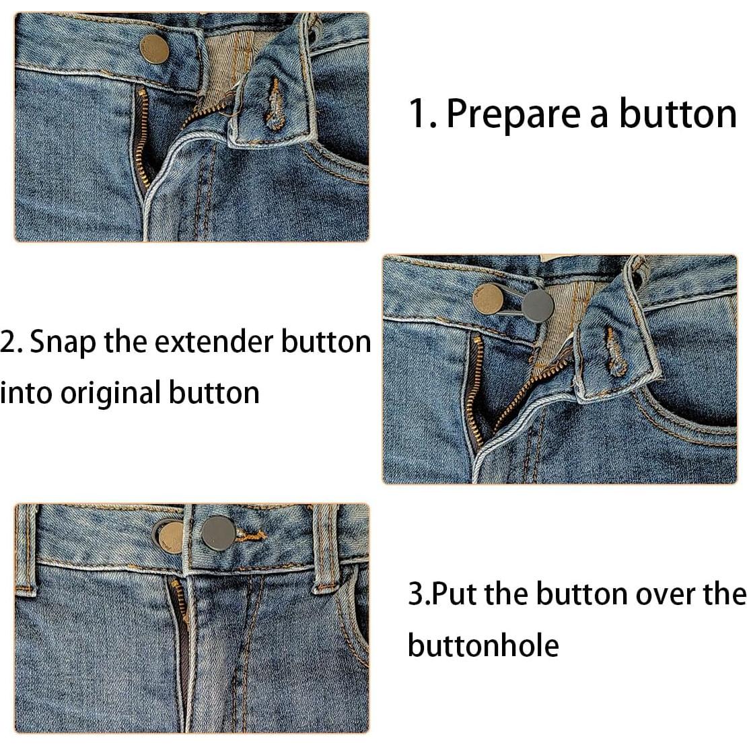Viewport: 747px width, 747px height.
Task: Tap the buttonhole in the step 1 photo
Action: pyautogui.click(x=275, y=103)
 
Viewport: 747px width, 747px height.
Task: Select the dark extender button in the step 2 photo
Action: pyautogui.click(x=537, y=306)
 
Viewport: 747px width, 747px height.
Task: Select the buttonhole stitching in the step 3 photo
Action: pyautogui.click(x=252, y=536)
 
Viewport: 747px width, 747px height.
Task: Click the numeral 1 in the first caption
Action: pyautogui.click(x=419, y=113)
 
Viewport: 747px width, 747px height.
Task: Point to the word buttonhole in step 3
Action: pyautogui.click(x=483, y=645)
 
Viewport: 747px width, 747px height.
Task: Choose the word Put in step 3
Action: pyautogui.click(x=454, y=594)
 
